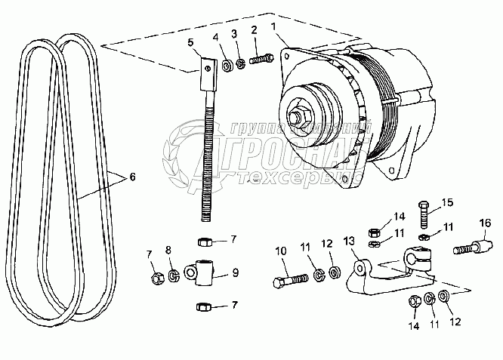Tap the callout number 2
coord(255,30)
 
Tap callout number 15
coord(447,202)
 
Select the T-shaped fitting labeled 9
coord(204,272)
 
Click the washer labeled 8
coord(174,273)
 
